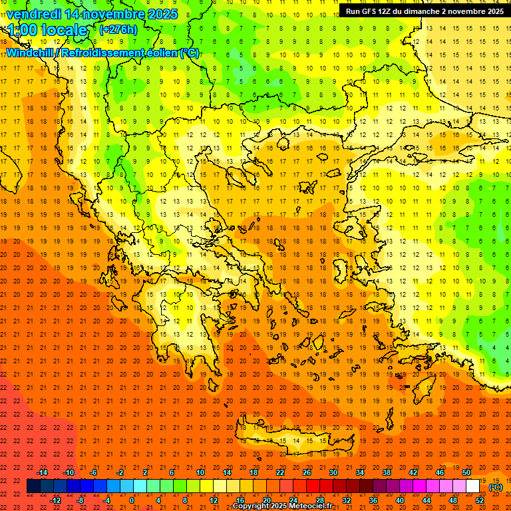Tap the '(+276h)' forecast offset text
pyautogui.click(x=118, y=30)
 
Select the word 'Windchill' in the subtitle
pyautogui.click(x=30, y=53)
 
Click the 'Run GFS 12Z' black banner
pyautogui.click(x=424, y=11)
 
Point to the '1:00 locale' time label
pyautogui.click(x=47, y=30)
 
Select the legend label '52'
pyautogui.click(x=480, y=500)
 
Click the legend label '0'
pyautogui.click(x=131, y=500)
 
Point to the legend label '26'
pyautogui.click(x=307, y=472)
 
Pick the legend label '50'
pyautogui.click(x=466, y=472)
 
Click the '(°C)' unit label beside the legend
pyautogui.click(x=496, y=486)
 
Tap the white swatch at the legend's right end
pyautogui.click(x=473, y=486)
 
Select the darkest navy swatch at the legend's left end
pyautogui.click(x=34, y=486)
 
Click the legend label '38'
pyautogui.click(x=386, y=472)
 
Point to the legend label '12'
pyautogui.click(x=214, y=500)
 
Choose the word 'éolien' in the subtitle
pyautogui.click(x=162, y=53)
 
